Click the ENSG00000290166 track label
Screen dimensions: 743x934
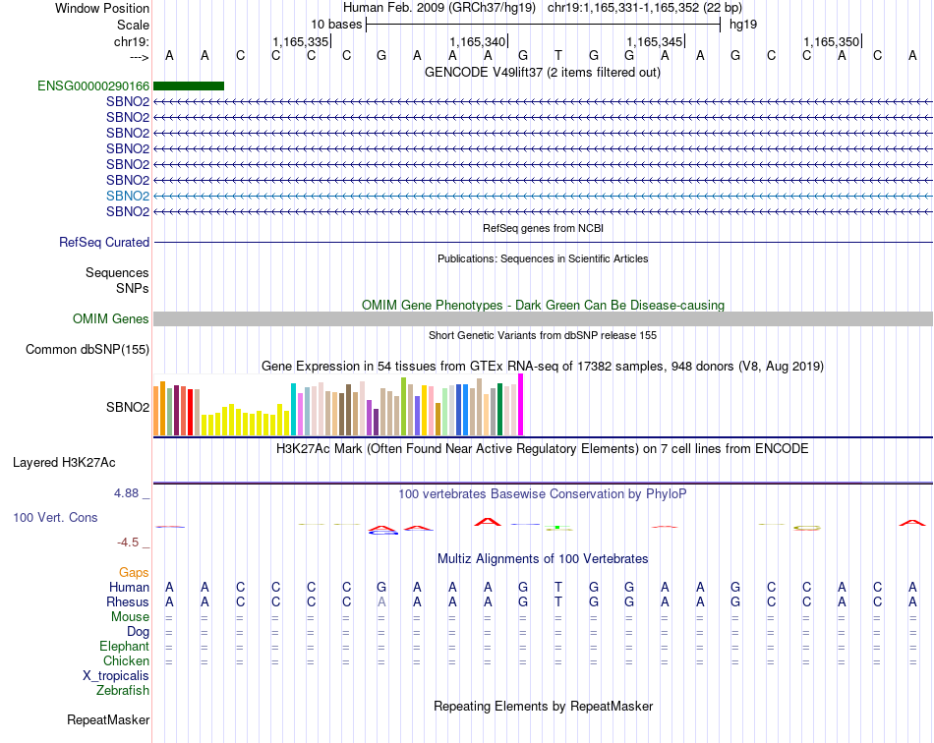pos(93,86)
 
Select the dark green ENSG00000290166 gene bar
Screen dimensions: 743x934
pos(189,86)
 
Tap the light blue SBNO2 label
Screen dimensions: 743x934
pos(128,196)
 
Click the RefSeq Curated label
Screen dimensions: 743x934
pos(104,243)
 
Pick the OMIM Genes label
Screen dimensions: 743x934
pos(111,319)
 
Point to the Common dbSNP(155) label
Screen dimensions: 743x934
pos(88,350)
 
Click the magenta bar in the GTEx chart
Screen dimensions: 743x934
pos(520,405)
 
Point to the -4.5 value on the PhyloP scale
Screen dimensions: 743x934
pos(131,543)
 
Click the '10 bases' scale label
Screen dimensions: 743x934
pos(336,24)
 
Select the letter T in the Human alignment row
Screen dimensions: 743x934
pos(558,587)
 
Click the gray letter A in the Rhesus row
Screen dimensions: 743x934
pos(381,601)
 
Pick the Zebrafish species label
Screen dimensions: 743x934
pos(123,691)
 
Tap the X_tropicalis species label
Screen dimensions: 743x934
pos(116,676)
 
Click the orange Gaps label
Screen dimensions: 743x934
pos(134,572)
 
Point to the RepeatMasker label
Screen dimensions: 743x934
pos(108,720)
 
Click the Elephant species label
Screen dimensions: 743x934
pos(124,647)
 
